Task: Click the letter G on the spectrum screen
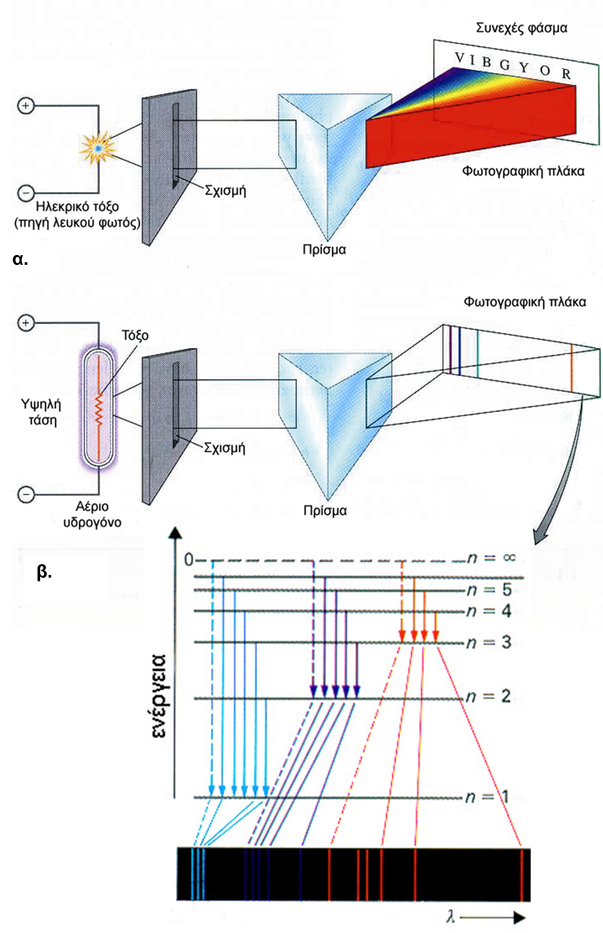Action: tap(505, 65)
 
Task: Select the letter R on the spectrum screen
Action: tap(566, 74)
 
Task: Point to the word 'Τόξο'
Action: tap(135, 336)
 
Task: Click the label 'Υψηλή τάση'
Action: tap(41, 412)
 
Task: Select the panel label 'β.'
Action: tap(44, 572)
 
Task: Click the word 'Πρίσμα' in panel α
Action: tap(324, 250)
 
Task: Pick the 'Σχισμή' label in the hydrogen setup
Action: tap(225, 448)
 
